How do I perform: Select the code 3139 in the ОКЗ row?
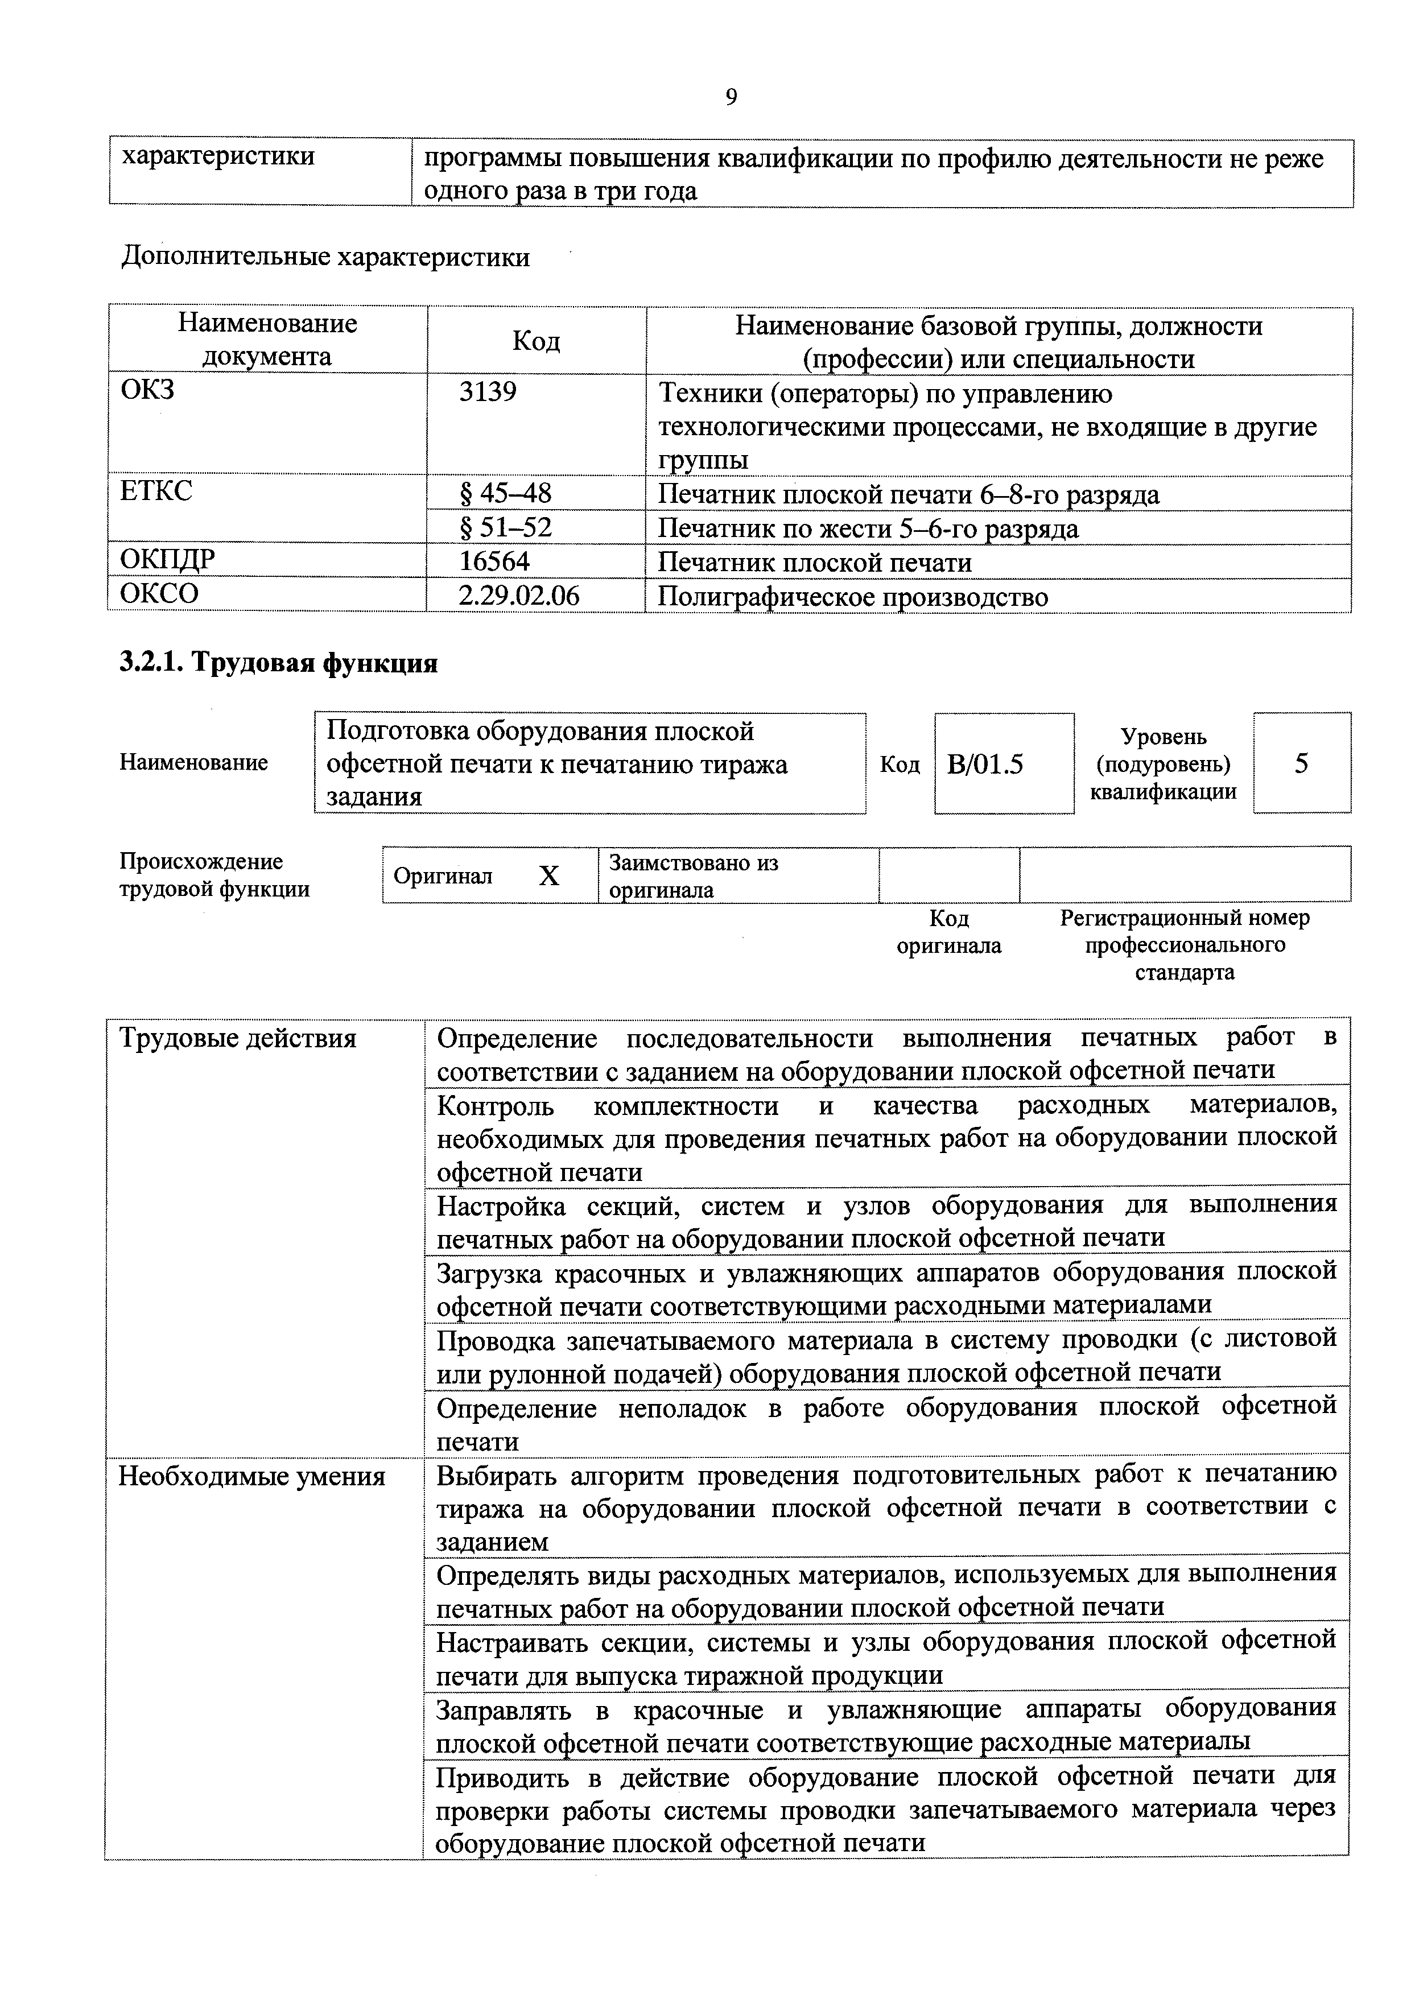(x=488, y=392)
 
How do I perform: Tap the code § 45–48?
(x=505, y=494)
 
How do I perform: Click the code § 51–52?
(x=505, y=527)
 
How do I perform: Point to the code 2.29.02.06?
(x=519, y=595)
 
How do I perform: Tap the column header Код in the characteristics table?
(x=535, y=341)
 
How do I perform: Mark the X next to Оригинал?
(x=548, y=877)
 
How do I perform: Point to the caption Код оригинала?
(x=949, y=931)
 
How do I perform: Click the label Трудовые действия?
(x=237, y=1038)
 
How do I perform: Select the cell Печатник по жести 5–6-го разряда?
(x=868, y=528)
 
